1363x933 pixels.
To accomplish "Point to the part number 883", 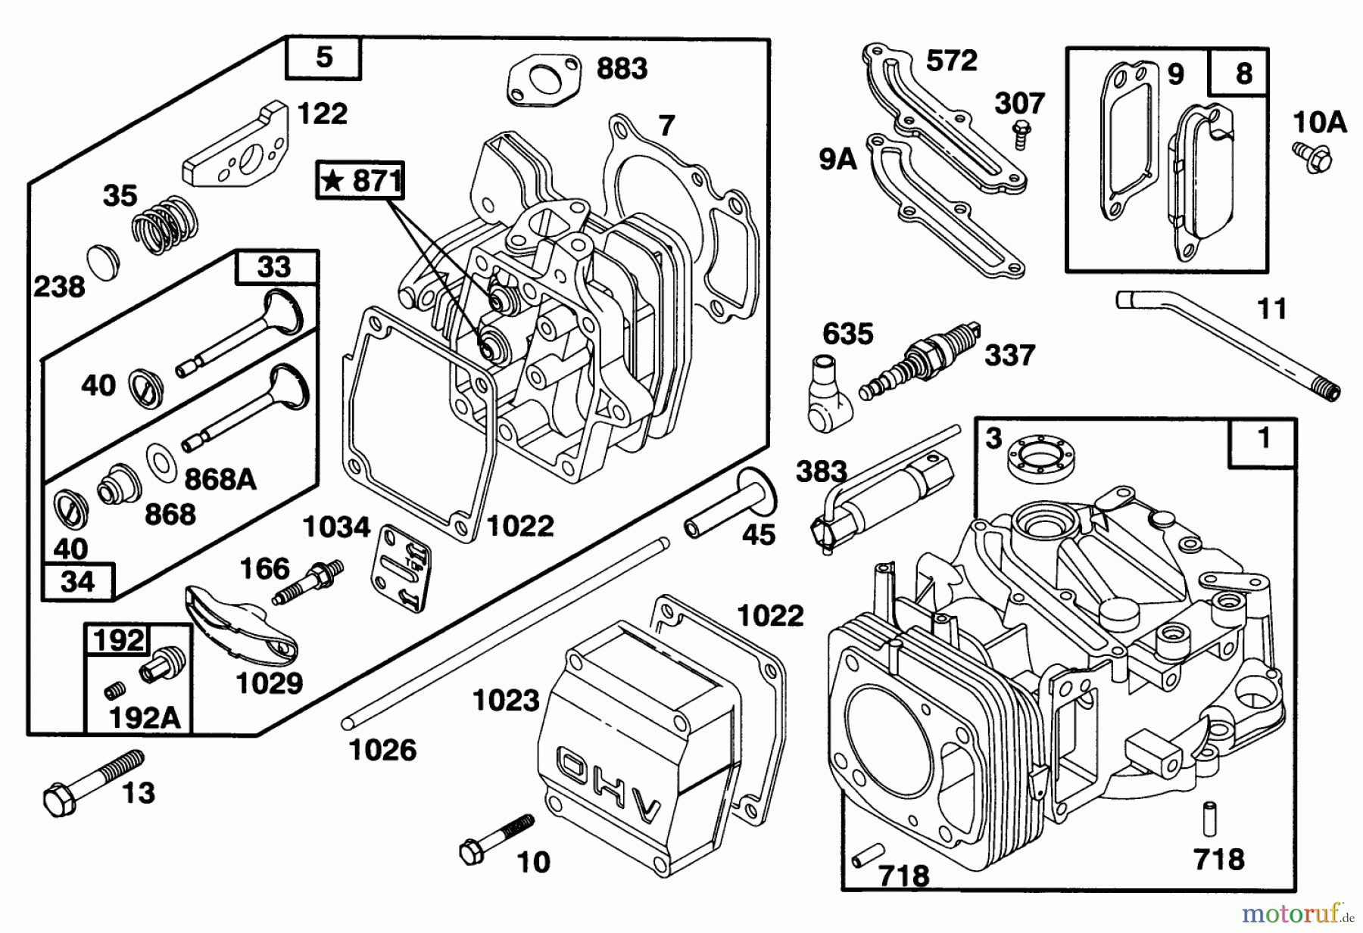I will (622, 69).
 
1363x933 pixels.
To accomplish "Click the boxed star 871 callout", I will (361, 180).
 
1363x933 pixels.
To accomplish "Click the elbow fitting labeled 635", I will (826, 396).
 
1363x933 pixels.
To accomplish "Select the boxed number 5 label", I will (323, 58).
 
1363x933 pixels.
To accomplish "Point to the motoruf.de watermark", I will (1296, 914).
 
